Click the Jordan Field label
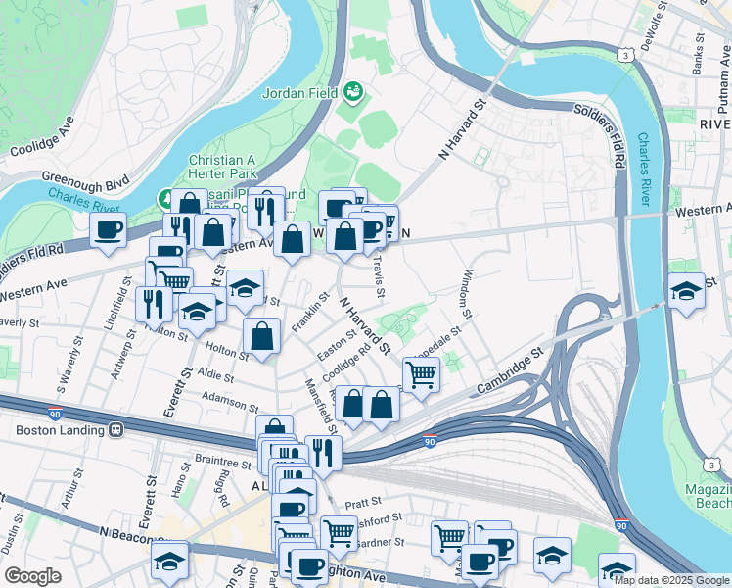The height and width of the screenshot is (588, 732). pos(299,94)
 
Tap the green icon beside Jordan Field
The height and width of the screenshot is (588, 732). pos(352,93)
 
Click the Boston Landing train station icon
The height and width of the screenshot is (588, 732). pos(117,429)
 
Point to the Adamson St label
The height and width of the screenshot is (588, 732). pos(230,398)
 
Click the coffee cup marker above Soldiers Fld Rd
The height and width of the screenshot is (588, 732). pos(109,231)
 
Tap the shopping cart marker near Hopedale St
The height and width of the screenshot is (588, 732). pos(421,373)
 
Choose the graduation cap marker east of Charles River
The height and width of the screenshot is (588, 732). pos(686,290)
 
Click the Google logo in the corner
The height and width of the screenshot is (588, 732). pos(32,576)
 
